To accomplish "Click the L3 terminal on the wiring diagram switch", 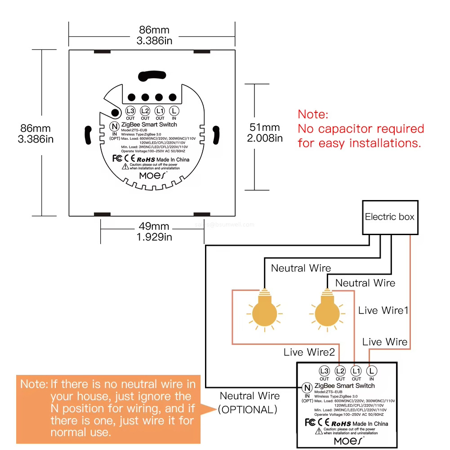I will pos(324,371).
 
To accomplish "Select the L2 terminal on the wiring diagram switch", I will pos(340,371).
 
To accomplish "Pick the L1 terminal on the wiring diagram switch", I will pos(356,371).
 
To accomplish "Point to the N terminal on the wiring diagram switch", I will pos(307,388).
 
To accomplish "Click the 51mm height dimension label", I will pos(265,133).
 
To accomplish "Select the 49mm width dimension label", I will pos(154,231).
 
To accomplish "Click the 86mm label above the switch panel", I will pos(154,36).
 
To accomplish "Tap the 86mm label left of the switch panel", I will pos(36,134).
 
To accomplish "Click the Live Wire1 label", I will pos(383,310).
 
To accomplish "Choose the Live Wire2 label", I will pos(309,352).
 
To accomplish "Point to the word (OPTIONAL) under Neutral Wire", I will pos(248,410).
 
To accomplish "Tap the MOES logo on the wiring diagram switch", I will pos(349,441).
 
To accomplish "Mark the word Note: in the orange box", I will pos(34,384).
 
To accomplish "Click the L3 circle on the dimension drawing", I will pos(130,111).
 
